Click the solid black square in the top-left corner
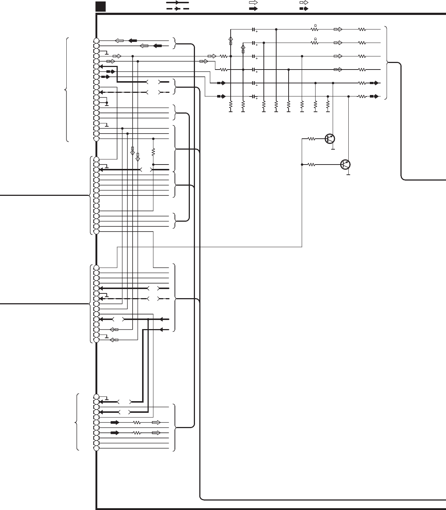(100, 6)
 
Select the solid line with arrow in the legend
(177, 2)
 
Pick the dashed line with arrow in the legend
(177, 9)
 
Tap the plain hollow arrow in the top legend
(253, 2)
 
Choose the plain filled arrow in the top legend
(253, 9)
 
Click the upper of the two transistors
(330, 139)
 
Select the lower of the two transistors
(345, 165)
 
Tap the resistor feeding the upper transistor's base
(312, 139)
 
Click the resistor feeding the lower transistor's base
(312, 165)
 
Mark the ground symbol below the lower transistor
(348, 175)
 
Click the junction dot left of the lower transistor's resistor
(302, 165)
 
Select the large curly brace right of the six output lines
(387, 63)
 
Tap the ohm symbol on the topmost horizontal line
(315, 25)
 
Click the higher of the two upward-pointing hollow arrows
(230, 39)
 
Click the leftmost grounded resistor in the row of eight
(231, 106)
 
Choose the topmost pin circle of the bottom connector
(96, 397)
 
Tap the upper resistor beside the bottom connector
(137, 423)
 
